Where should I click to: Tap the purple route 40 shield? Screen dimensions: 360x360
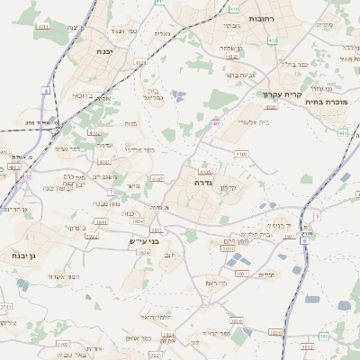[x=216, y=122]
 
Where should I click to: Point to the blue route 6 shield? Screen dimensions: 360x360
[x=304, y=239]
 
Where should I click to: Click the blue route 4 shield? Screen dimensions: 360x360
[x=46, y=91]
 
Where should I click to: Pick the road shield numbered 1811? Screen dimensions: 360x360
[x=101, y=220]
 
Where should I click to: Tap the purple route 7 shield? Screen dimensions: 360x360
[x=111, y=192]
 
